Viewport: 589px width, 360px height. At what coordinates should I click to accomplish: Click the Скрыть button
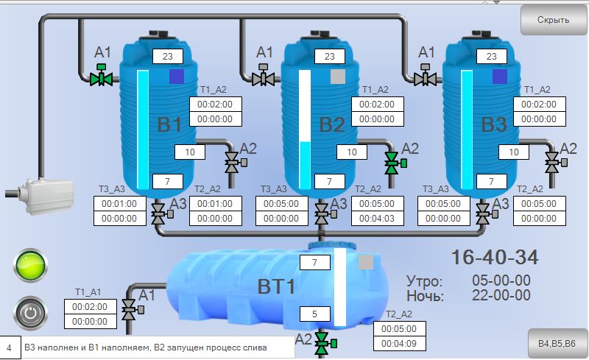[x=553, y=20]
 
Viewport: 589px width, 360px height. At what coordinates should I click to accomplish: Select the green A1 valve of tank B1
[x=101, y=77]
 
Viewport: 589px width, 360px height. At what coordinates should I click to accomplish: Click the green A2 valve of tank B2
[x=392, y=163]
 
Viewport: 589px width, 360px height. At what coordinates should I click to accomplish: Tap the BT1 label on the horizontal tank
[x=276, y=286]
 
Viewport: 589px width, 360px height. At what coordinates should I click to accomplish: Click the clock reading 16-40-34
[x=494, y=258]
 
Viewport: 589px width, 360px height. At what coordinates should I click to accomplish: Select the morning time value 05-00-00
[x=501, y=280]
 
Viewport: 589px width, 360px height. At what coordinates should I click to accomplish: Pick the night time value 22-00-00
[x=501, y=295]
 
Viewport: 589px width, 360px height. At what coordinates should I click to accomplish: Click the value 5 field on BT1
[x=315, y=314]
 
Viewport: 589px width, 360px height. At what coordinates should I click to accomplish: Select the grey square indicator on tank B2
[x=338, y=76]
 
